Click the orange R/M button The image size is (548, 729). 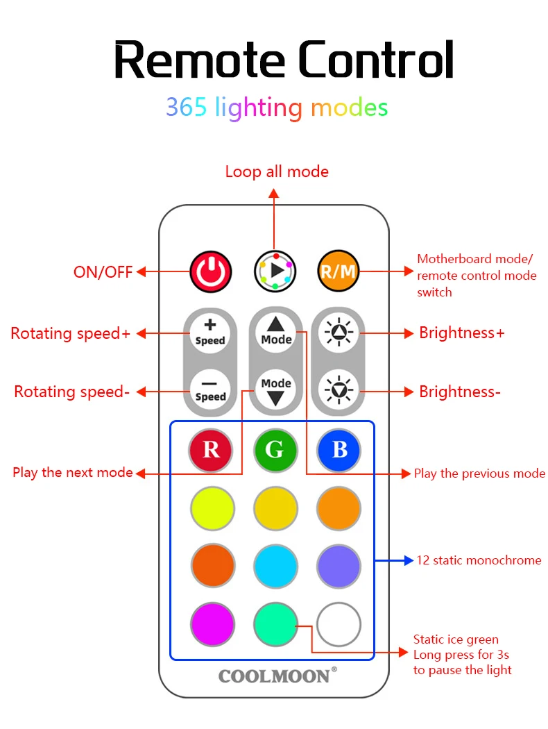pyautogui.click(x=339, y=271)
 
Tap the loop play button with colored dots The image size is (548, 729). pyautogui.click(x=275, y=271)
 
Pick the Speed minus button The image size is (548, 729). pyautogui.click(x=210, y=390)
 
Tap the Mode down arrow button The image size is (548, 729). pyautogui.click(x=276, y=390)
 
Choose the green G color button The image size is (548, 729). pyautogui.click(x=275, y=450)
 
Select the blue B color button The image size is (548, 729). pyautogui.click(x=339, y=450)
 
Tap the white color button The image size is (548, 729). pyautogui.click(x=339, y=624)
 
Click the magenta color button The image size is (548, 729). pyautogui.click(x=212, y=624)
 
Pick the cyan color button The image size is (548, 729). pyautogui.click(x=275, y=567)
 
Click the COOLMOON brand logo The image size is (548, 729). pyautogui.click(x=277, y=676)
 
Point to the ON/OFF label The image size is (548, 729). pyautogui.click(x=103, y=272)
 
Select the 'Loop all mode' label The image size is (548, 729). pyautogui.click(x=277, y=172)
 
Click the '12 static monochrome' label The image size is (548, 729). pyautogui.click(x=479, y=560)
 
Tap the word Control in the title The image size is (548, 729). pyautogui.click(x=376, y=60)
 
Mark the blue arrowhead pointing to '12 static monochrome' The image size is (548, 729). pyautogui.click(x=409, y=561)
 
